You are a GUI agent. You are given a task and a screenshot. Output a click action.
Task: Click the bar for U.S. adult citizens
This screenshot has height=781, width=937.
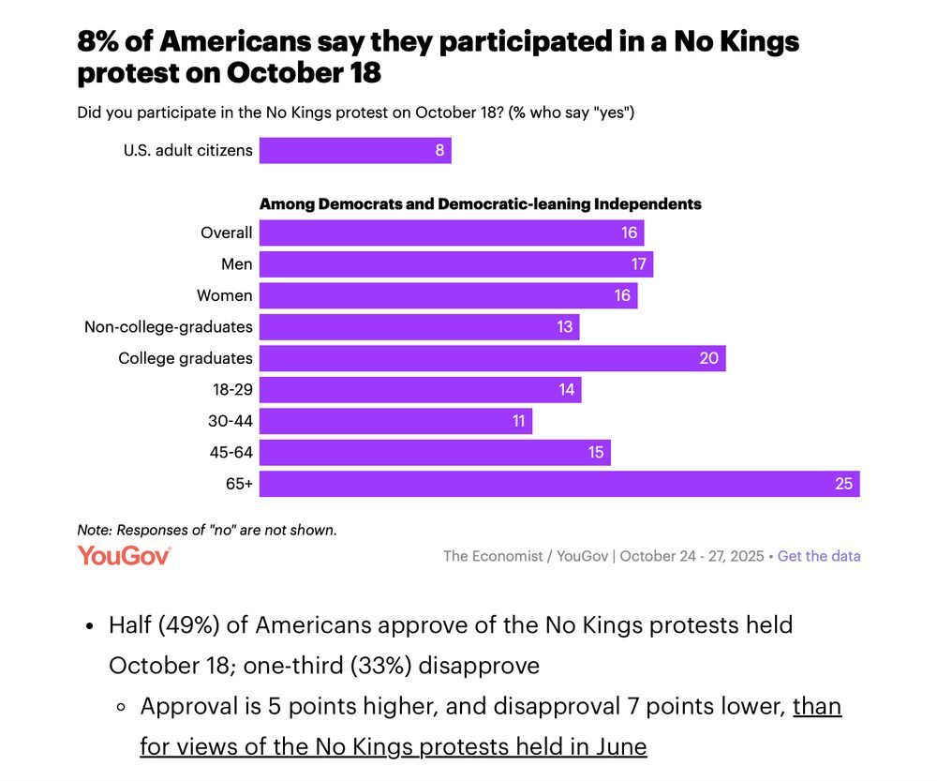(354, 150)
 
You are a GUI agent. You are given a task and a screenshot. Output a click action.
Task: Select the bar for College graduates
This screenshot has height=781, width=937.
(492, 358)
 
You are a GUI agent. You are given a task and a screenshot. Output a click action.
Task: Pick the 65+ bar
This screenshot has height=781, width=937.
(558, 484)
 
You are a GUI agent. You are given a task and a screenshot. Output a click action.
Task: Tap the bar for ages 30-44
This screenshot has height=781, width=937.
(394, 421)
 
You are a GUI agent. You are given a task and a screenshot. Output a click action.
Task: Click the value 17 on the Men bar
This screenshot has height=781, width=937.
(638, 264)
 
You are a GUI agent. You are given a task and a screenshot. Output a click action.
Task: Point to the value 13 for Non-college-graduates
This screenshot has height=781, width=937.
(564, 327)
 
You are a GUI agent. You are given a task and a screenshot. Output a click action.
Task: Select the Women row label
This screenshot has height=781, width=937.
(224, 295)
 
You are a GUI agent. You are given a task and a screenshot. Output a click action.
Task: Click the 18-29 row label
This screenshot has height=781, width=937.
(232, 390)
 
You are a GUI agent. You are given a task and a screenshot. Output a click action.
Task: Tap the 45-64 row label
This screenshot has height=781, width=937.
(231, 453)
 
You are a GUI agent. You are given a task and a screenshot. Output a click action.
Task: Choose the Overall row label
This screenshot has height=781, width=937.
(226, 233)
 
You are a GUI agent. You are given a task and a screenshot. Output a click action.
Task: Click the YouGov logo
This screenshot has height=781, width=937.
(124, 555)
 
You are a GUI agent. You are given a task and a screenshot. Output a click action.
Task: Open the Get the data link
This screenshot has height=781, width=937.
(818, 556)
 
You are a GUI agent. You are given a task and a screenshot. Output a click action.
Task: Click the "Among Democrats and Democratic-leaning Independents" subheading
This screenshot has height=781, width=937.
(480, 203)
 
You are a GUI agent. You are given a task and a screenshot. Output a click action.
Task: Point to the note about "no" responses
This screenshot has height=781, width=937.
(206, 530)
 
